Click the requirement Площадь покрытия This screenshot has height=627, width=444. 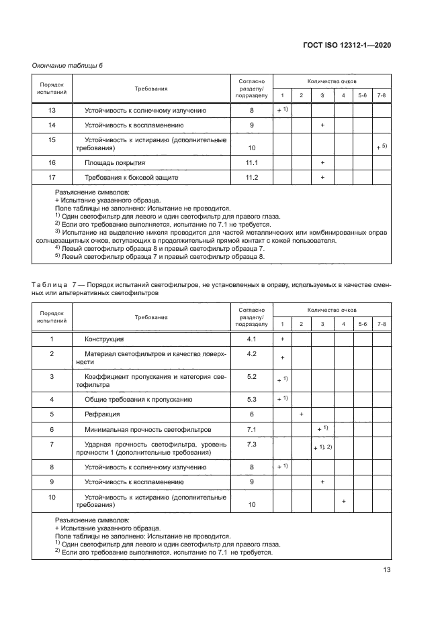pyautogui.click(x=114, y=163)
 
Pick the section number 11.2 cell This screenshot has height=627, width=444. pyautogui.click(x=252, y=177)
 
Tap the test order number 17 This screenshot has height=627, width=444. pyautogui.click(x=52, y=177)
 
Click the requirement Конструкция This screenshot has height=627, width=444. pyautogui.click(x=104, y=339)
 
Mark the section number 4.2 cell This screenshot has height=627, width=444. pyautogui.click(x=252, y=353)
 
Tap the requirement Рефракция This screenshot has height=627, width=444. pyautogui.click(x=102, y=414)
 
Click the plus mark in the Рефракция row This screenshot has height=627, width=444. pyautogui.click(x=302, y=414)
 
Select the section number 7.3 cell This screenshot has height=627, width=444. pyautogui.click(x=252, y=444)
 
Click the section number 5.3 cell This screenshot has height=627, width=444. pyautogui.click(x=252, y=399)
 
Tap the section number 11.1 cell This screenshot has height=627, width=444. pyautogui.click(x=252, y=163)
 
